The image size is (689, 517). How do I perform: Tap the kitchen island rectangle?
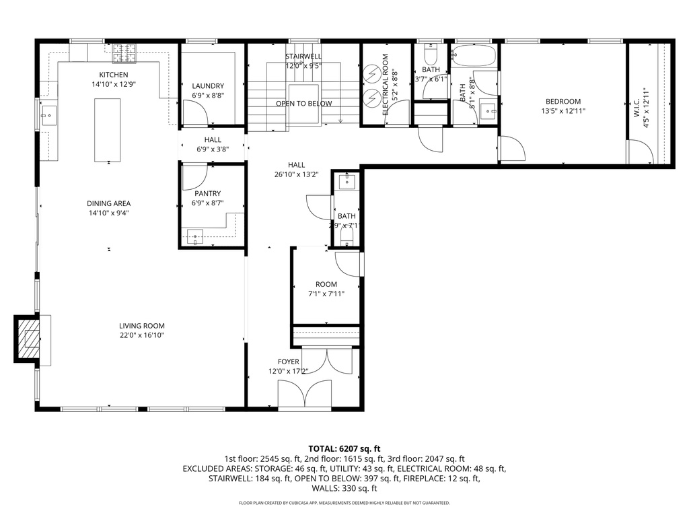tap(108, 129)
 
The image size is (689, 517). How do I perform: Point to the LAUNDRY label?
tap(207, 85)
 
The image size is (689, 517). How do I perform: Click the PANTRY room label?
tap(207, 193)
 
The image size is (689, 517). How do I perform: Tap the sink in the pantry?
tap(195, 237)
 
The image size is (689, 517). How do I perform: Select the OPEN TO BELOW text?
tap(303, 104)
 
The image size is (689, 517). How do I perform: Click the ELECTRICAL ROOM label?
tap(386, 85)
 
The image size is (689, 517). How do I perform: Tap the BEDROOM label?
tap(563, 102)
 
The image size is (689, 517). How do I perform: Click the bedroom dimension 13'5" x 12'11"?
tap(563, 111)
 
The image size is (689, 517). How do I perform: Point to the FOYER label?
tap(289, 361)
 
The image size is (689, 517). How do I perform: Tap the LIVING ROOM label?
tap(142, 326)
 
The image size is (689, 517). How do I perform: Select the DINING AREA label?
tap(108, 203)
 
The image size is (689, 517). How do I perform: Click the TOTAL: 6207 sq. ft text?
tap(344, 448)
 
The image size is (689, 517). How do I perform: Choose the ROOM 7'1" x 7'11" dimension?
tap(326, 294)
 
